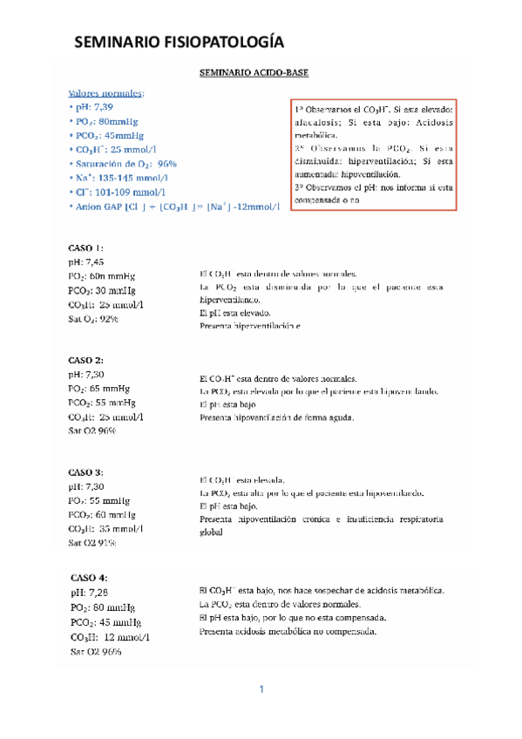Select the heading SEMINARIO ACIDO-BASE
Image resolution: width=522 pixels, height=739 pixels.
pyautogui.click(x=255, y=76)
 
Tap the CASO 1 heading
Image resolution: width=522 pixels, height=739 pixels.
pyautogui.click(x=86, y=247)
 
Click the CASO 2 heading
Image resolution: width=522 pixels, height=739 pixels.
pyautogui.click(x=86, y=360)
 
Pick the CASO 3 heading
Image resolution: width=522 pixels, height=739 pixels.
pyautogui.click(x=86, y=471)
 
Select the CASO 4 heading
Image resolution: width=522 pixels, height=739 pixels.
pyautogui.click(x=90, y=578)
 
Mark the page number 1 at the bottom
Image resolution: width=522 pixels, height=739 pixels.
pyautogui.click(x=261, y=690)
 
